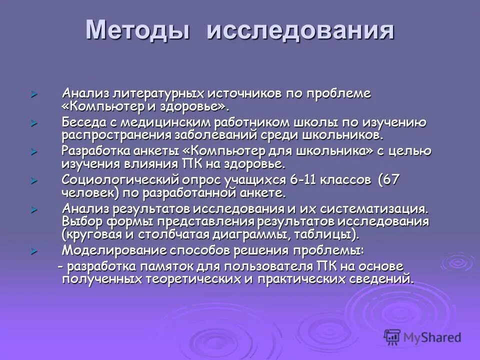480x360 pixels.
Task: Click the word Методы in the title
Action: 138,31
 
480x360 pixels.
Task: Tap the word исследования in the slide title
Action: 300,31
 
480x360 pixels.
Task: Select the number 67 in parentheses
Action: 389,180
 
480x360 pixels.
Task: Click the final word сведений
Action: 385,278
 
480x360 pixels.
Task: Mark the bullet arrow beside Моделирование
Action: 34,250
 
